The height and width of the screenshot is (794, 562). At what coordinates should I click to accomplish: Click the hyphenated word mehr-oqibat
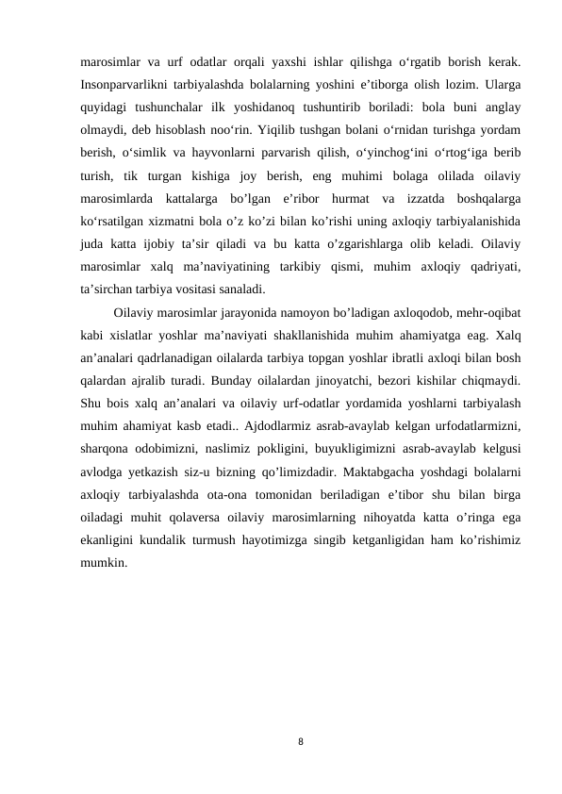pos(489,311)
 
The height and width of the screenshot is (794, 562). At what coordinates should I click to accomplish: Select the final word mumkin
pos(104,562)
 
